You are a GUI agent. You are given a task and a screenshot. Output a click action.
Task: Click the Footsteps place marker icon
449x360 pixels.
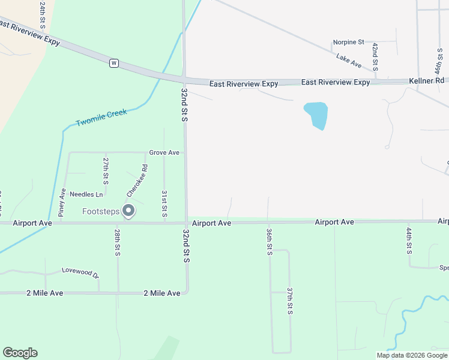[x=128, y=211]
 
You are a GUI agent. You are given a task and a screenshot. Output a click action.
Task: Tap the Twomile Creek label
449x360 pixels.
[x=101, y=118]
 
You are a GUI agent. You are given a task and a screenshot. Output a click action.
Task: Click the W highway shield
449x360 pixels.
[x=114, y=63]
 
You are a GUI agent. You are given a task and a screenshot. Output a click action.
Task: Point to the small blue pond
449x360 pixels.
[x=316, y=115]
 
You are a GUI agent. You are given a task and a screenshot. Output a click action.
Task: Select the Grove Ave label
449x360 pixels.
[x=164, y=153]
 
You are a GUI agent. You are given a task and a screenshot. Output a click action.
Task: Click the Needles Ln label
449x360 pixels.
[x=86, y=194]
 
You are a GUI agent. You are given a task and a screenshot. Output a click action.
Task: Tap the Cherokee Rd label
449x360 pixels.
[x=136, y=181]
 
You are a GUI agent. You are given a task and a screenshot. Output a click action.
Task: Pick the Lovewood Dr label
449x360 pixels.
[x=80, y=272]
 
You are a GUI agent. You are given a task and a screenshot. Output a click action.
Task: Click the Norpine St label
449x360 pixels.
[x=349, y=43]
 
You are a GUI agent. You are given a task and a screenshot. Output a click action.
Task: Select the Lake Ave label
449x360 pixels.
[x=349, y=60]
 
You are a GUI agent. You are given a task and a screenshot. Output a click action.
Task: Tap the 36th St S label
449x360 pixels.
[x=270, y=241]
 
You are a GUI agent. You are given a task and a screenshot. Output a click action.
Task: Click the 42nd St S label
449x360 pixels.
[x=375, y=57]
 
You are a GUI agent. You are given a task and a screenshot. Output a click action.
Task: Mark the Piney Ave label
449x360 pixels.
[x=62, y=202]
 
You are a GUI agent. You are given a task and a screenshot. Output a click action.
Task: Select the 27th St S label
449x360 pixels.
[x=106, y=170]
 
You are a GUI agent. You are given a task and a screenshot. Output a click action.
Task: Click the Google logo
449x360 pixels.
[x=20, y=353]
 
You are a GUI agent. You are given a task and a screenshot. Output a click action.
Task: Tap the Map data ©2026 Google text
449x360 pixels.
[x=412, y=355]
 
